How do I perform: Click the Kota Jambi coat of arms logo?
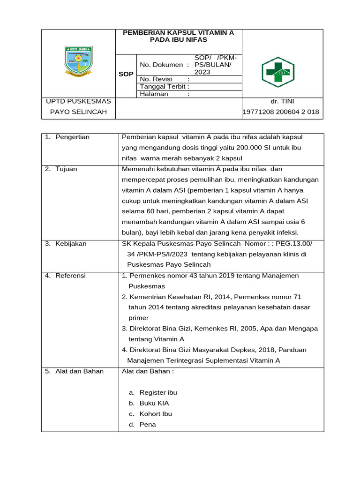coord(78,61)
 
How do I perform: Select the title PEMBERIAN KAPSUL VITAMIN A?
coord(178,33)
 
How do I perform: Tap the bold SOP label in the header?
coord(126,74)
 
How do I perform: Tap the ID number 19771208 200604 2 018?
coord(281,112)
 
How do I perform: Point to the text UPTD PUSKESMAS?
coord(78,101)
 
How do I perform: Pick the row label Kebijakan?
coord(71,244)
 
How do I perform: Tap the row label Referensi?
coord(70,276)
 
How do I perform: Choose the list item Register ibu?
coord(158,392)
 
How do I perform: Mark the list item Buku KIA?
coord(154,403)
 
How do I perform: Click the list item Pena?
coord(148,425)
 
